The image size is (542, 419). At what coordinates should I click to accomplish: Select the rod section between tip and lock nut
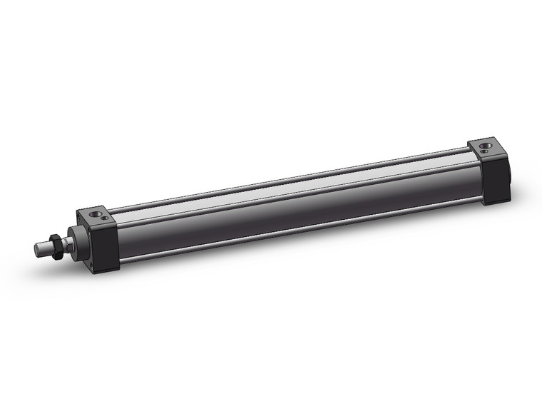(45, 248)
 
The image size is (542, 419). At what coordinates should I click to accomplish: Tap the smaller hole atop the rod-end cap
(105, 218)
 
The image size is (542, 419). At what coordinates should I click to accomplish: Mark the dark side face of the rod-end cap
(104, 246)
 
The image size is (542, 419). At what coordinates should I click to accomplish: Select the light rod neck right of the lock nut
(68, 246)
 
